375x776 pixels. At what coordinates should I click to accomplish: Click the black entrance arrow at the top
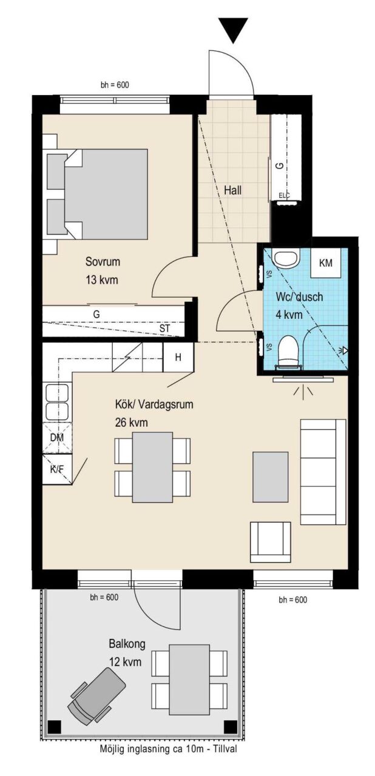click(x=234, y=30)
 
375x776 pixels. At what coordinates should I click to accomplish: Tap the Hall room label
click(x=232, y=190)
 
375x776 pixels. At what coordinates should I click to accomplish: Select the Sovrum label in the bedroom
click(x=103, y=261)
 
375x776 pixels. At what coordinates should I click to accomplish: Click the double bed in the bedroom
click(x=97, y=194)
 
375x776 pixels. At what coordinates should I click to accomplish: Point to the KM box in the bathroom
click(x=326, y=263)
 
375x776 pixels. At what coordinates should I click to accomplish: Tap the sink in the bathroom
click(x=286, y=258)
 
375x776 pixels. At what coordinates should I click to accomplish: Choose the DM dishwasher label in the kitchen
click(x=57, y=438)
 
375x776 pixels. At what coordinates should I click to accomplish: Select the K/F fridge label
click(x=57, y=469)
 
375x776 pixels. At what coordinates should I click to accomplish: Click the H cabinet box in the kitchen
click(x=178, y=357)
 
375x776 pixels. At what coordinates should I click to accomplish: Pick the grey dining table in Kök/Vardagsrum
click(x=152, y=467)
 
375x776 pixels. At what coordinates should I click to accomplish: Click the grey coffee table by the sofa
click(x=271, y=477)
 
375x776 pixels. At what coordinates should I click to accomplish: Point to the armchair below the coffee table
click(x=271, y=542)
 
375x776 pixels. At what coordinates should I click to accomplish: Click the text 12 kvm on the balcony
click(x=125, y=662)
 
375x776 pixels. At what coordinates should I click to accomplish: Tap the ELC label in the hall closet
click(x=284, y=196)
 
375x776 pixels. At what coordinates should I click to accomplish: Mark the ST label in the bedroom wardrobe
click(x=164, y=329)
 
